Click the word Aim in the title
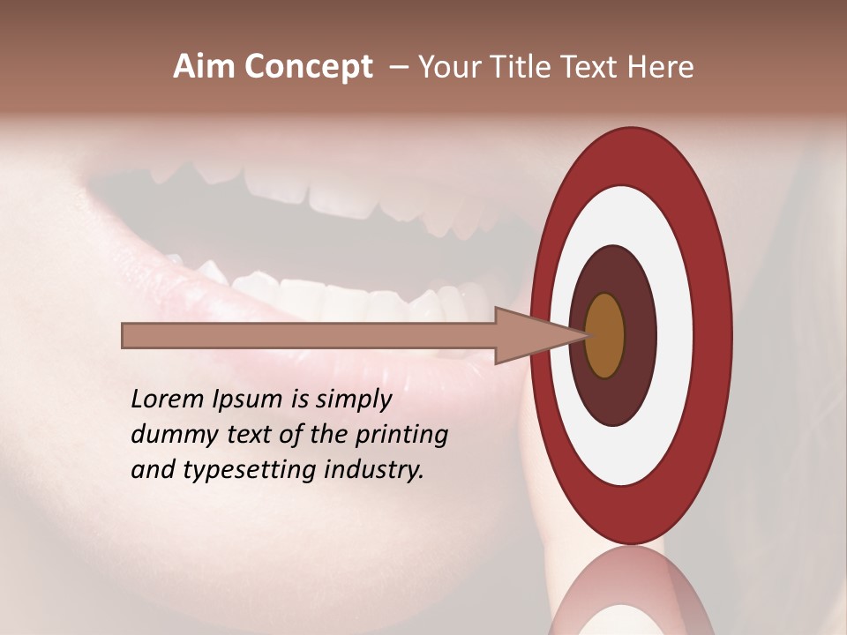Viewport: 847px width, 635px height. (x=205, y=67)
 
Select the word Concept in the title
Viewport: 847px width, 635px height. (x=309, y=67)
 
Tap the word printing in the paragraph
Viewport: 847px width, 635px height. (x=401, y=436)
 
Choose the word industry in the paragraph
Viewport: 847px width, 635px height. (x=374, y=470)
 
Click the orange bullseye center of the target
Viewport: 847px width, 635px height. (x=604, y=336)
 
